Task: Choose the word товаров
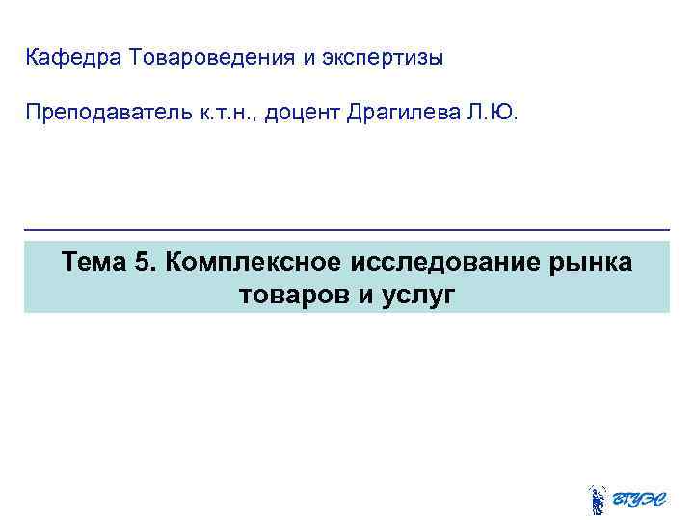295,295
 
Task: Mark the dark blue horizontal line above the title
347,230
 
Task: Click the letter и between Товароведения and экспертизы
309,58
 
